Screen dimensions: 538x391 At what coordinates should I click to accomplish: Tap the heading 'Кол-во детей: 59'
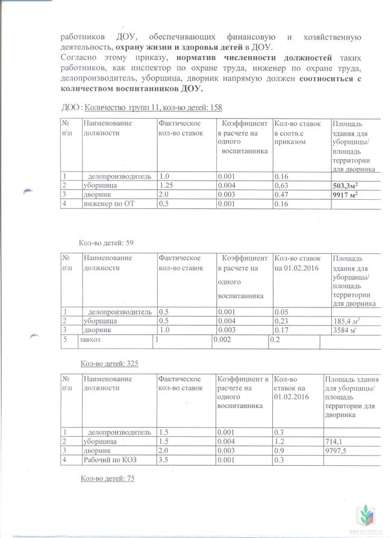[105, 243]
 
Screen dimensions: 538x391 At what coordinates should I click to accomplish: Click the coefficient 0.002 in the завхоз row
[225, 340]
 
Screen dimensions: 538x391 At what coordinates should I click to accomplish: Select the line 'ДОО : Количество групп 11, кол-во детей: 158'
[143, 108]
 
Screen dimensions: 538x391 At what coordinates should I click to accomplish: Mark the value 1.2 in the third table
[280, 441]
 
